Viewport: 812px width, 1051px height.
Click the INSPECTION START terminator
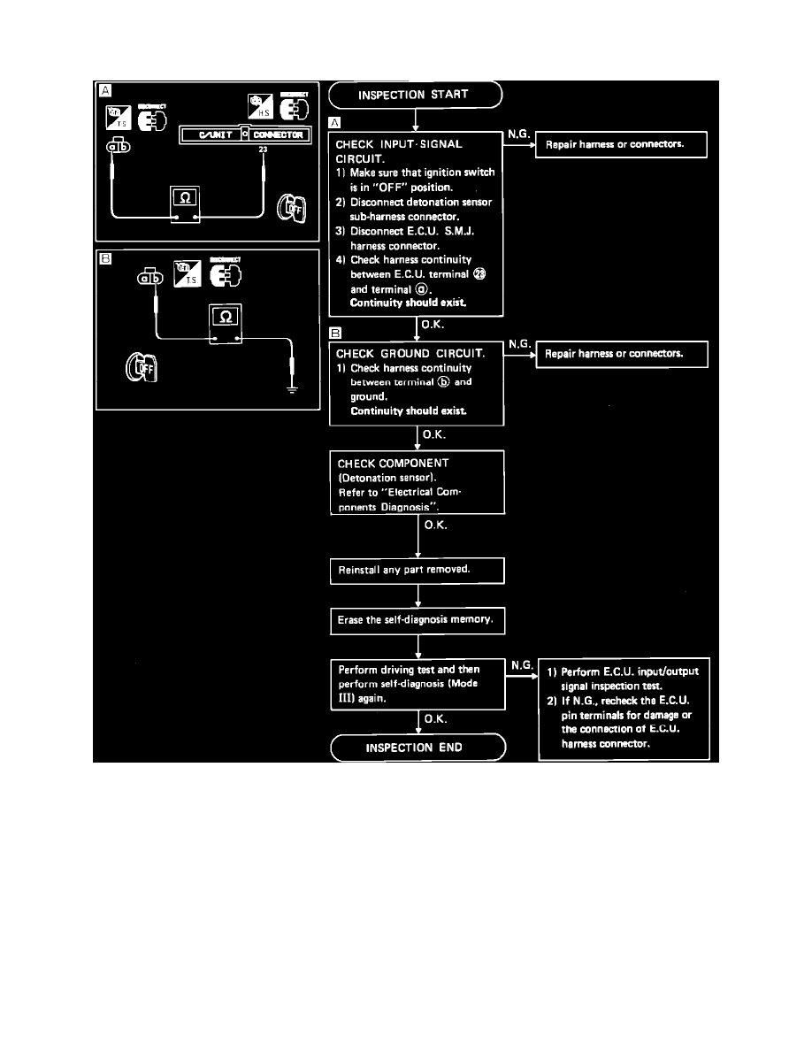pyautogui.click(x=415, y=94)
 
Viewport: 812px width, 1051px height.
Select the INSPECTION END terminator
pyautogui.click(x=417, y=748)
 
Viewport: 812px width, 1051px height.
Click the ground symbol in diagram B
pyautogui.click(x=293, y=387)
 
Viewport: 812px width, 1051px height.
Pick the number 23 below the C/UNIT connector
pyautogui.click(x=263, y=150)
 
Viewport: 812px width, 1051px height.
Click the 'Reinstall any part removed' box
pyautogui.click(x=417, y=571)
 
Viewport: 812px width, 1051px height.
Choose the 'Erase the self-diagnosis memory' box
pyautogui.click(x=417, y=621)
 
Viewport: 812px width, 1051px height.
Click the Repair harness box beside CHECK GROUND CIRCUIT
pyautogui.click(x=623, y=355)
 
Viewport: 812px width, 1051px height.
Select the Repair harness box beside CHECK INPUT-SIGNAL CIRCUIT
pyautogui.click(x=622, y=145)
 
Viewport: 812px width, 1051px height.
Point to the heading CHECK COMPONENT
pyautogui.click(x=394, y=463)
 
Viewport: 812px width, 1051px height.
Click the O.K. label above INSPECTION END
pyautogui.click(x=434, y=719)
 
